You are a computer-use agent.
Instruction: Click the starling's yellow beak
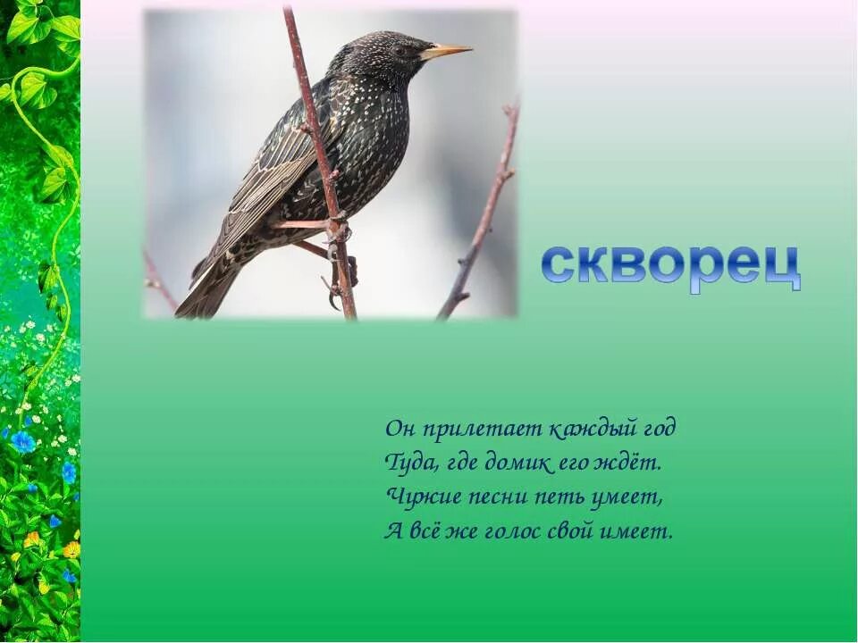(x=447, y=51)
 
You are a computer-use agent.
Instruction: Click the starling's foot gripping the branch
(x=338, y=231)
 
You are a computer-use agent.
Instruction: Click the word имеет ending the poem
(x=639, y=530)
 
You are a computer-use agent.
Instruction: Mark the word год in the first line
(x=658, y=429)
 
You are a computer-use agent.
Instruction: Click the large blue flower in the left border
(x=22, y=441)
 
